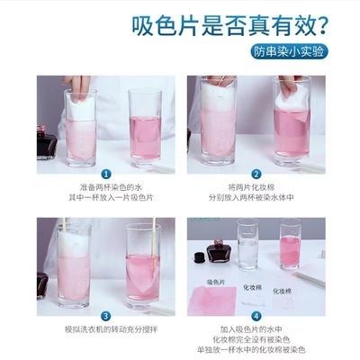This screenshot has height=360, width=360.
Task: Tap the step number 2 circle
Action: coord(256,175)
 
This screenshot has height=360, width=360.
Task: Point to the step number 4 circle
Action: coord(256,316)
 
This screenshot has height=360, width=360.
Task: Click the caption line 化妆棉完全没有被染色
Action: coord(256,340)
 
